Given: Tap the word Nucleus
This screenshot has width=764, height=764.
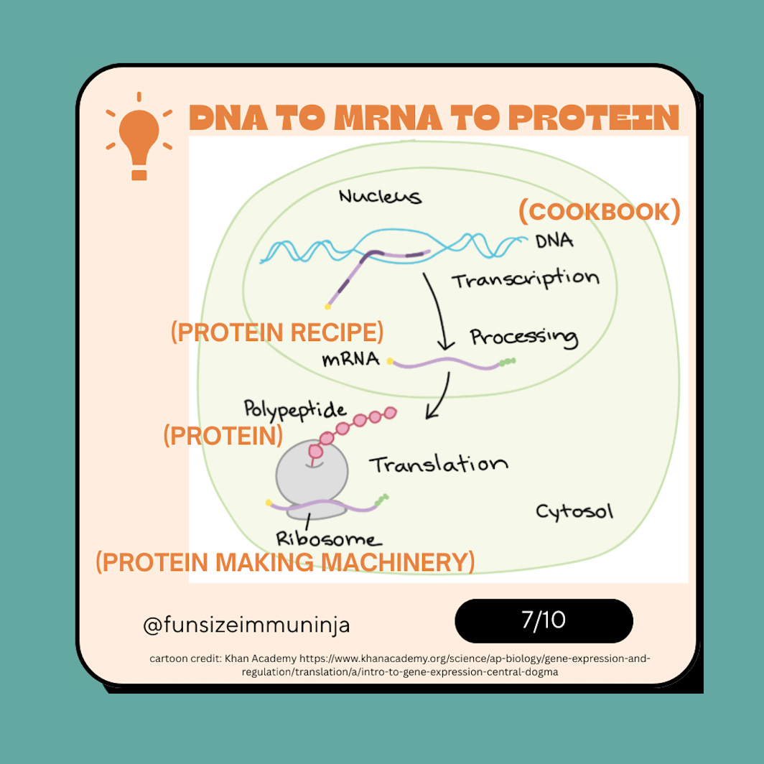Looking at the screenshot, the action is tap(380, 196).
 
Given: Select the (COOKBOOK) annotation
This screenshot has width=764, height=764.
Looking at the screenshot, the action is tap(599, 212).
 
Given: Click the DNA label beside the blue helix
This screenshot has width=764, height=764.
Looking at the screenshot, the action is tap(554, 241).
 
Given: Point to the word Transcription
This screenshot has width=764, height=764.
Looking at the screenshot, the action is tap(525, 279).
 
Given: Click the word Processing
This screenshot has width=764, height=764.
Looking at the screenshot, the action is tap(523, 336).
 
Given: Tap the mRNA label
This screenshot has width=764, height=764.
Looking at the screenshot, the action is tap(350, 358).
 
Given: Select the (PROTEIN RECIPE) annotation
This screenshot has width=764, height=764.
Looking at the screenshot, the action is tap(277, 332).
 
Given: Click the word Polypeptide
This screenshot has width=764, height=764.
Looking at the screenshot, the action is tap(295, 410).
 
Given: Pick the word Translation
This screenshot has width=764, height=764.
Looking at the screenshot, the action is tap(439, 464).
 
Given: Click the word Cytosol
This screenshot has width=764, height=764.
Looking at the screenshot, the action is tap(574, 512).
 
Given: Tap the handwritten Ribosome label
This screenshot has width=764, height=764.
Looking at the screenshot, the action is tap(330, 539).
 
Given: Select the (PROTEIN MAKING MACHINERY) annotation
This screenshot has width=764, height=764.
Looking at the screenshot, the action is tap(285, 562).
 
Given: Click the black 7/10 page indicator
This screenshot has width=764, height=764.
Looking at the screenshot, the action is tap(544, 620).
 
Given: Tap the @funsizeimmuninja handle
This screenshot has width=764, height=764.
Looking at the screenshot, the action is tap(246, 625).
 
